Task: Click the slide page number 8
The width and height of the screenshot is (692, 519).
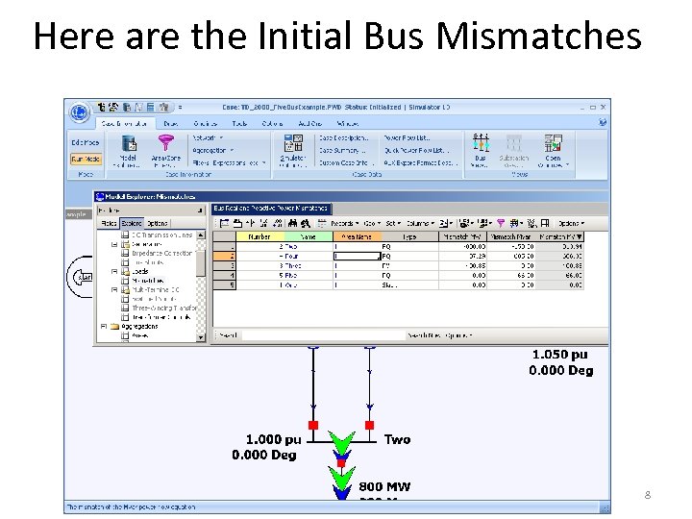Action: coord(648,495)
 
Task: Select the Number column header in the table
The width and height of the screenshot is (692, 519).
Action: coord(259,235)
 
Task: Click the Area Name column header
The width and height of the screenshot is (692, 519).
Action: coord(358,235)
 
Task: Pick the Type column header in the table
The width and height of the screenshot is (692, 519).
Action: coord(409,235)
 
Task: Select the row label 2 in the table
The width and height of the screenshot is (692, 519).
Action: coord(230,256)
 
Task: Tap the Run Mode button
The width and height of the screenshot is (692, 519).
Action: coord(85,160)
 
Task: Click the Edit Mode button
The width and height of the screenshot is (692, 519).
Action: coord(85,142)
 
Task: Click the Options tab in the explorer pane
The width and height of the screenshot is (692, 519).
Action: coord(158,223)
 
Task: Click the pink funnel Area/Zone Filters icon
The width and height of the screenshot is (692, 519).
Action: coord(165,143)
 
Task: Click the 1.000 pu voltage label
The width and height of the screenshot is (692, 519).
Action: coord(265,440)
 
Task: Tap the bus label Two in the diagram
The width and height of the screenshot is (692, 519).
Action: coord(397,439)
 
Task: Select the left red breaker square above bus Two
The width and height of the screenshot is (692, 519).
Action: coord(312,424)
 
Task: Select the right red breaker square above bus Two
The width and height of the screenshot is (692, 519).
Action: coord(369,424)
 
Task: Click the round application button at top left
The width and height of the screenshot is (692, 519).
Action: coord(79,113)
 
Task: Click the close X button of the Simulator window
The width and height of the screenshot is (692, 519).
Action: coord(603,107)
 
